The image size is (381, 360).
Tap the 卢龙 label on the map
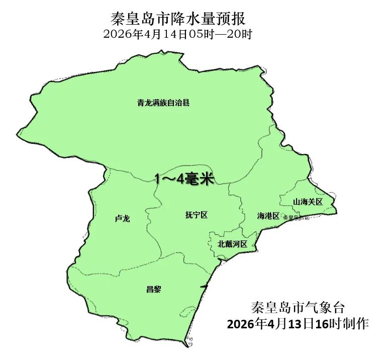point(122,219)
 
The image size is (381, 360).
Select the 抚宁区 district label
point(196,215)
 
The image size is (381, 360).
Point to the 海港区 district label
point(268,216)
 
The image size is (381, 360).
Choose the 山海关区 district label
point(308,202)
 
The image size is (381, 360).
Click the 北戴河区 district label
point(233,244)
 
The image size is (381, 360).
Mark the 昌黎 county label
point(153,289)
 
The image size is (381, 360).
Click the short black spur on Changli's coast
point(203,286)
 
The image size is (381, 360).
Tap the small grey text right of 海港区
point(295,217)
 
